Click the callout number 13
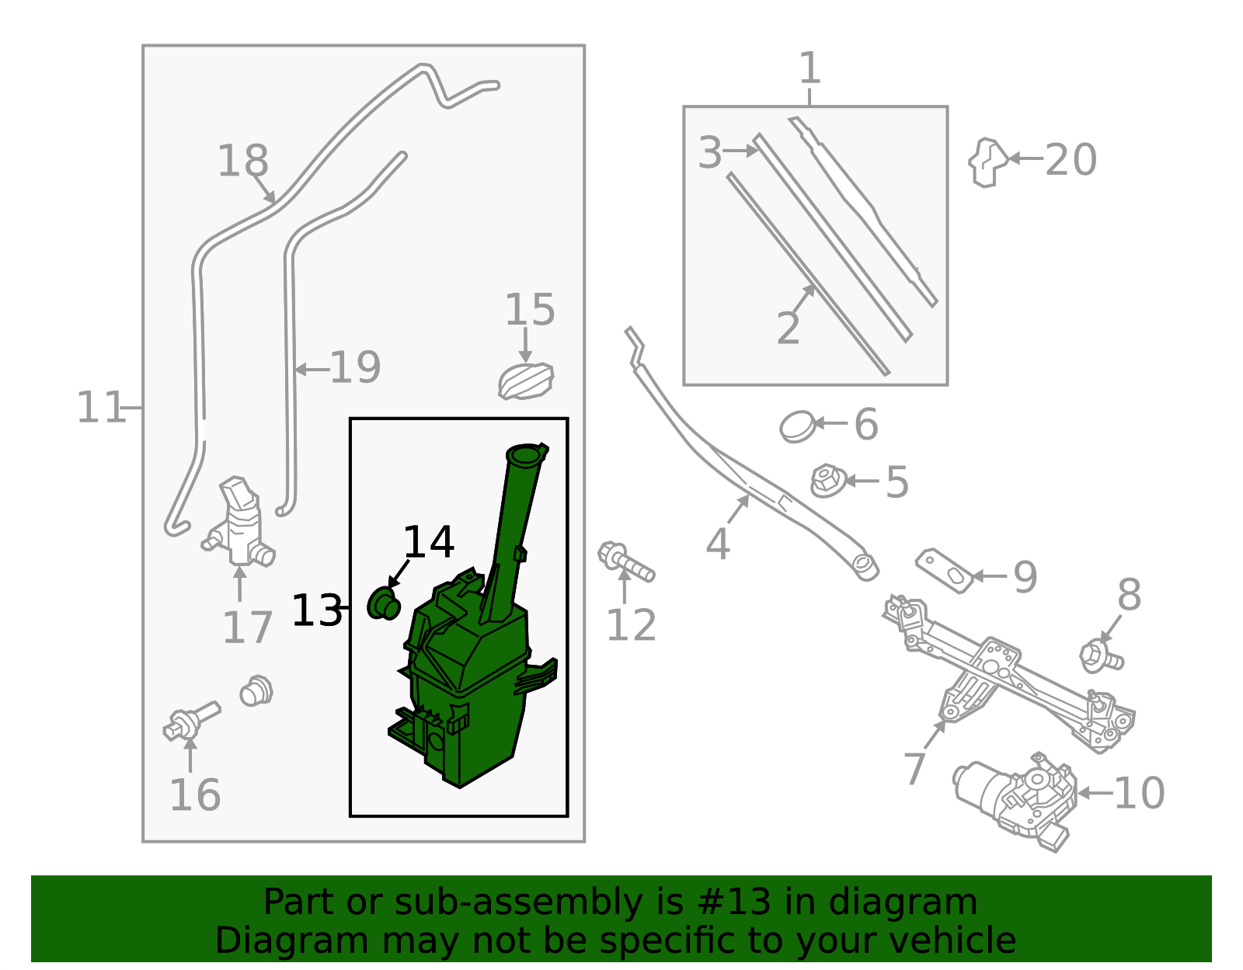point(316,610)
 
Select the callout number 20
point(1071,160)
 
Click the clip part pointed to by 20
point(987,162)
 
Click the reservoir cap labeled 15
point(526,381)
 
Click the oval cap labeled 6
point(798,426)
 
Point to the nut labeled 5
point(827,481)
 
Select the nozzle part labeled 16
point(191,720)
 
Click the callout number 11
point(100,408)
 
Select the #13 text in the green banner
point(733,902)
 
